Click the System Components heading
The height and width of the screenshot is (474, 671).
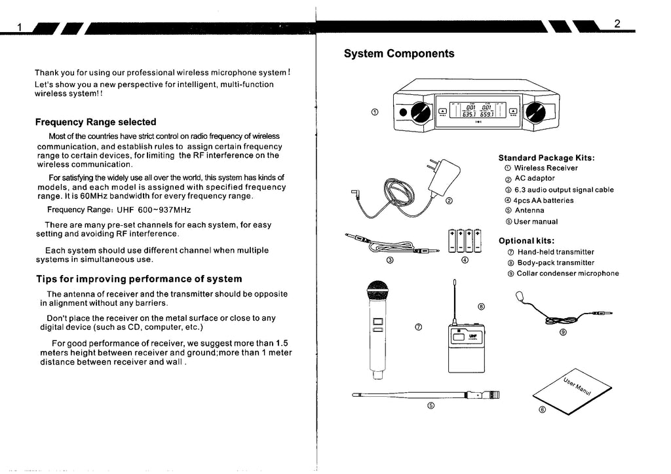point(398,54)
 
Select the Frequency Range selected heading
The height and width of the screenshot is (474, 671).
point(96,122)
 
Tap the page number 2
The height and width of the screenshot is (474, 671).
point(617,24)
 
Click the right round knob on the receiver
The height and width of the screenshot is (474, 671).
point(535,113)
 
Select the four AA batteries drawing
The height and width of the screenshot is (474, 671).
point(465,240)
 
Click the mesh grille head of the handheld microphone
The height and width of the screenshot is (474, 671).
point(377,291)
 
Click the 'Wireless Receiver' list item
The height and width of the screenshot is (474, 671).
point(546,168)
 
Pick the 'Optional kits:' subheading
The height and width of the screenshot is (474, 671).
point(526,240)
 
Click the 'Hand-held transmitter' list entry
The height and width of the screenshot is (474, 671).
point(555,252)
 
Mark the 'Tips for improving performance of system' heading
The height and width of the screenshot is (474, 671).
point(139,279)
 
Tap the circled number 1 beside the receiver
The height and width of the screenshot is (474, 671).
point(374,112)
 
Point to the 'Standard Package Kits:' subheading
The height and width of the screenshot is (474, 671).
point(546,158)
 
